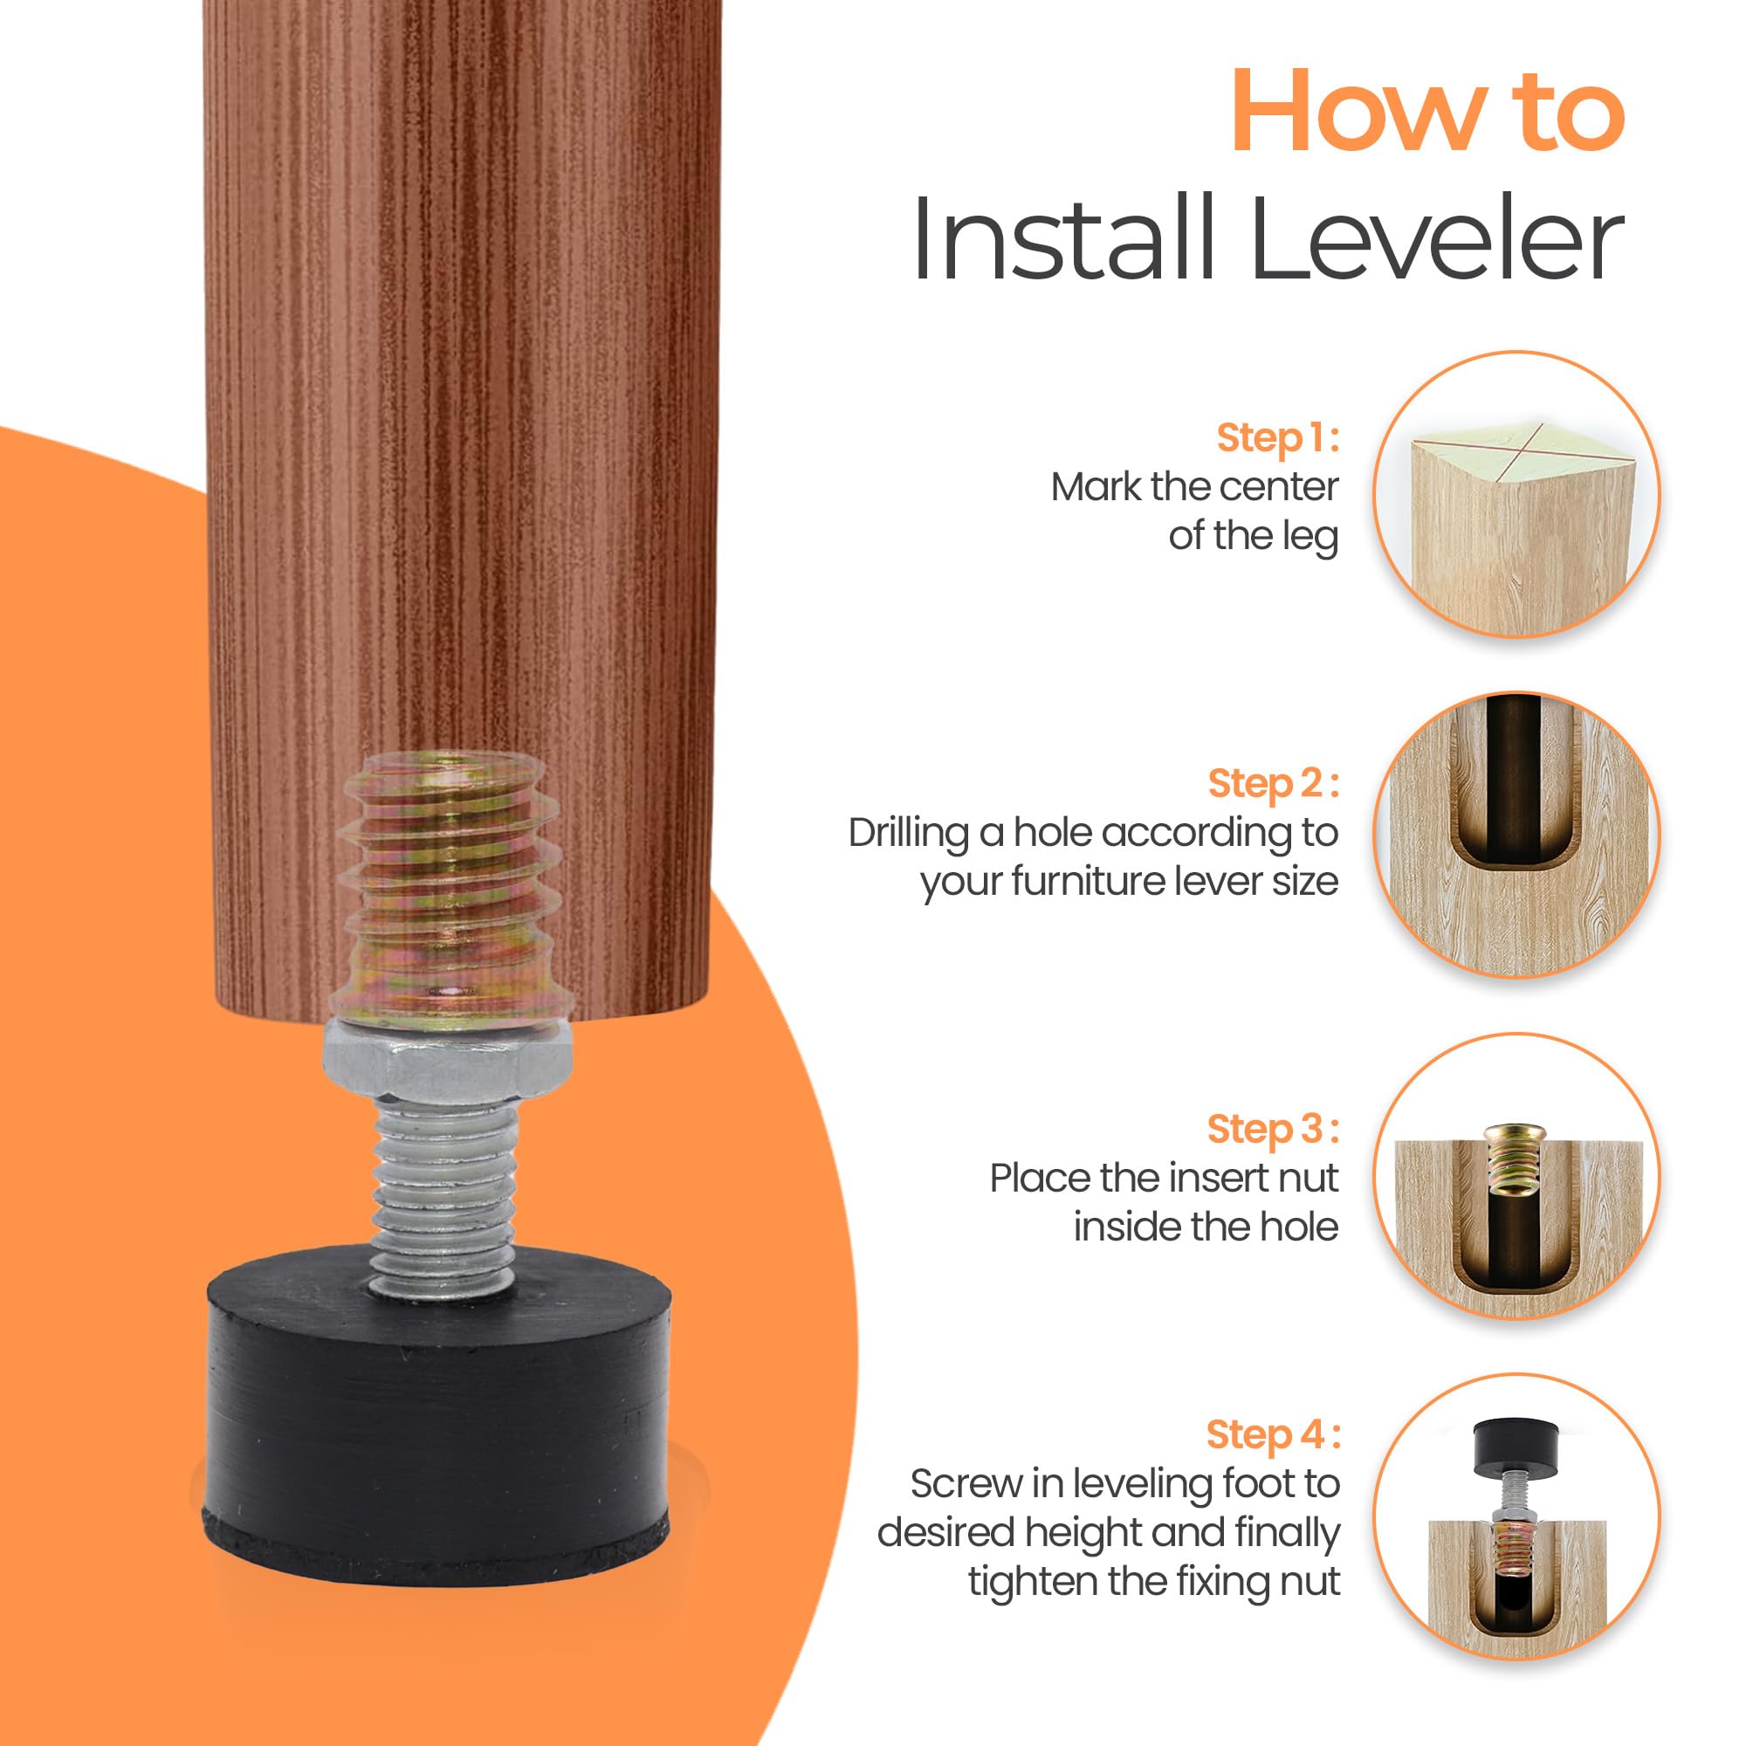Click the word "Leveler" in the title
[1437, 239]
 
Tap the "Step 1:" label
[1276, 437]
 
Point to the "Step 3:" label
[1272, 1129]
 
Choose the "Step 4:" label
[1272, 1434]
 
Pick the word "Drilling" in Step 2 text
[907, 833]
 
